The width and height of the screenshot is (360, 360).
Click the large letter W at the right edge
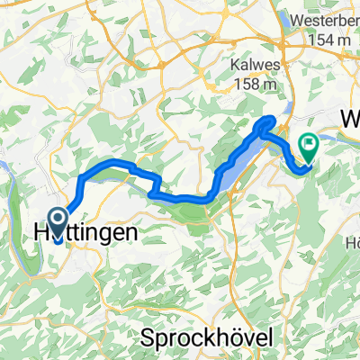tap(349, 120)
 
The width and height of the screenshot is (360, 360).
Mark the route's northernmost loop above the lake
tap(268, 121)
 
